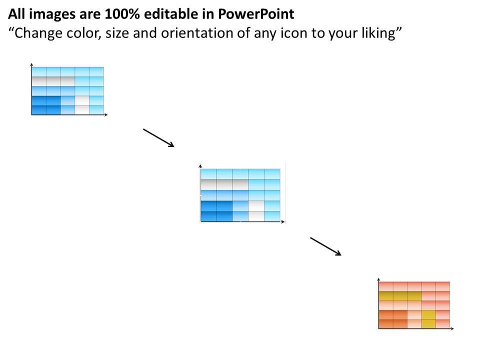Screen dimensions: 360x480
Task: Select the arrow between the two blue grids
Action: (158, 138)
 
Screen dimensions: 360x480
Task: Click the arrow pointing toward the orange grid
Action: (325, 246)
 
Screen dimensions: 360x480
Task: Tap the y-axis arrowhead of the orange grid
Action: (379, 278)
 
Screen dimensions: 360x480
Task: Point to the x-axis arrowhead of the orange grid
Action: (452, 328)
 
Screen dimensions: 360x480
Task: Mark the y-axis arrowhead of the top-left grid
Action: (31, 64)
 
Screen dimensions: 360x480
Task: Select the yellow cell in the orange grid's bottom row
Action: (428, 323)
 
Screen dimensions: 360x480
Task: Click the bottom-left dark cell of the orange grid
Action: (386, 323)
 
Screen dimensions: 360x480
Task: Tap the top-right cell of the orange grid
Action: (442, 286)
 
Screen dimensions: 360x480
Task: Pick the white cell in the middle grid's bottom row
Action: (256, 216)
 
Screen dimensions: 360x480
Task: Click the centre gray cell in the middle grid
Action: (224, 184)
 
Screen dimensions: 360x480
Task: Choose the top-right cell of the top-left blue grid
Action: (96, 71)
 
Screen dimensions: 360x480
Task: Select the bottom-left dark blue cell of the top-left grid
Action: (38, 110)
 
